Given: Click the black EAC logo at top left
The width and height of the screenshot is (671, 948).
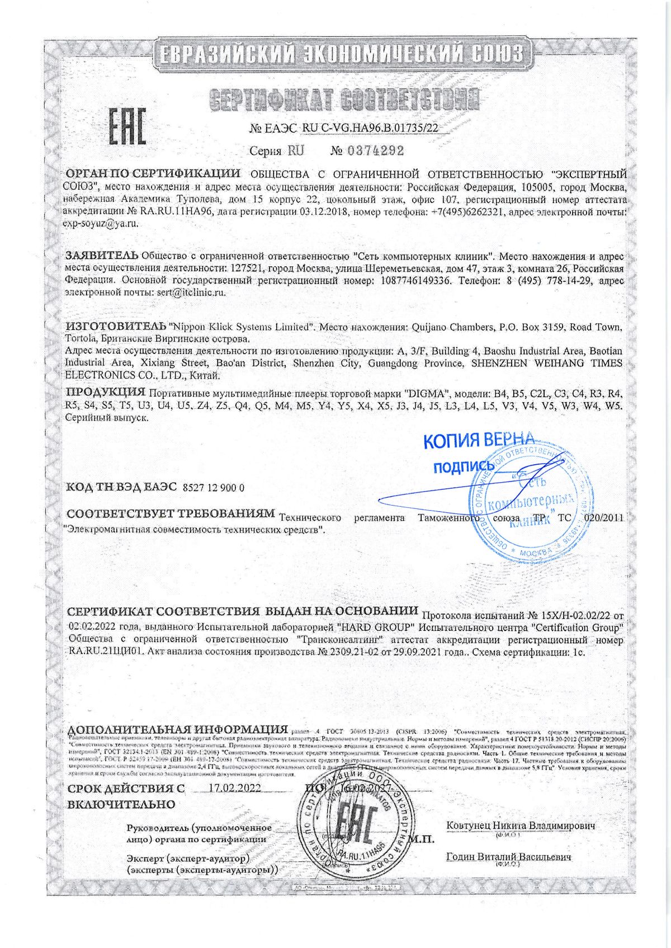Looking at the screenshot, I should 126,126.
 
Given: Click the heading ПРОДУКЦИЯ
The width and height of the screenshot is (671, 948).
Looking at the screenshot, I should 106,391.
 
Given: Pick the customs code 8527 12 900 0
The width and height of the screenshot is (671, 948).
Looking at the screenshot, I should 214,488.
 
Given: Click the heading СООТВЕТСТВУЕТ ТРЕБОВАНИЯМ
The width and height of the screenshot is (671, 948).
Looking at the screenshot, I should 170,513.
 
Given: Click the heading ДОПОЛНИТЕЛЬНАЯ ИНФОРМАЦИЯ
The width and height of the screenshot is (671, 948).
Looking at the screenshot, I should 177,730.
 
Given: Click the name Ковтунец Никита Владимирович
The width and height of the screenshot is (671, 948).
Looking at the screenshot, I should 521,826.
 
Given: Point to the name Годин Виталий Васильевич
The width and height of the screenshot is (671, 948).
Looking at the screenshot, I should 509,857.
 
